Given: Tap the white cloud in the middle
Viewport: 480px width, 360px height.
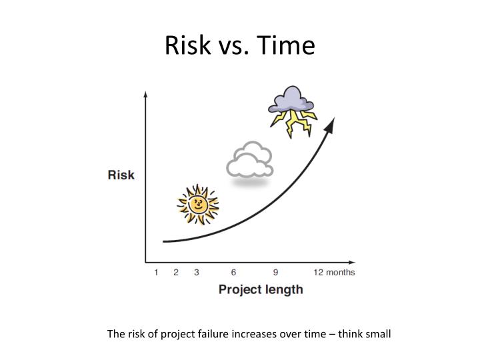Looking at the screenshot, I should point(249,160).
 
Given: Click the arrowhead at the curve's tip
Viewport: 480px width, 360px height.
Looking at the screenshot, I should point(330,123).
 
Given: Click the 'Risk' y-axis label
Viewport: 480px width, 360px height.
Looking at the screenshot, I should point(121,175).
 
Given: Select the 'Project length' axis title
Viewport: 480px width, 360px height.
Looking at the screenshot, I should point(261,289).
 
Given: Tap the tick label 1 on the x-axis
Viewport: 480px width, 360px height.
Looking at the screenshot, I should point(156,272).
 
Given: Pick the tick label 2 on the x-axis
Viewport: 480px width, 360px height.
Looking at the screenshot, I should point(176,272).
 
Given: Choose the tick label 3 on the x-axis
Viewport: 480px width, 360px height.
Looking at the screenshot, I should point(197,272).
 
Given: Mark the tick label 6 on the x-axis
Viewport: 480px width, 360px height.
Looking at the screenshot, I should point(233,272).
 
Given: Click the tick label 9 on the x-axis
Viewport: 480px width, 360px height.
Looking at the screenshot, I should point(275,272).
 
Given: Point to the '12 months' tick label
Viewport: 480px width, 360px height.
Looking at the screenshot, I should point(335,272).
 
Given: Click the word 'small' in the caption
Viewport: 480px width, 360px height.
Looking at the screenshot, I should point(377,333).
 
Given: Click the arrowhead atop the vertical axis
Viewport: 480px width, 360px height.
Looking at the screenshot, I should point(145,95).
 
